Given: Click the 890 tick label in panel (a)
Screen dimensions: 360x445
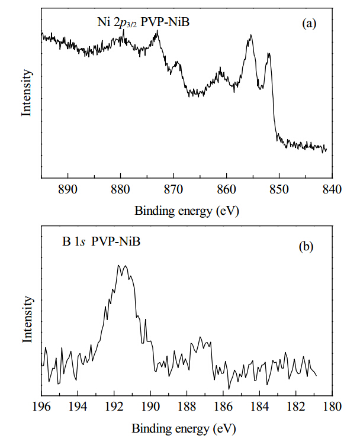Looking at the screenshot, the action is [x=67, y=189].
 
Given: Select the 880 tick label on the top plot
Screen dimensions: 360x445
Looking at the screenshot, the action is [x=120, y=189].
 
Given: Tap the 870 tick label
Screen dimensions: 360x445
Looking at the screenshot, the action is [x=173, y=189].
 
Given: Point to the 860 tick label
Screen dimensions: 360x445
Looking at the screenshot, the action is [x=226, y=189].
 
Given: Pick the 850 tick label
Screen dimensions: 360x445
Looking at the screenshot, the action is [x=279, y=189].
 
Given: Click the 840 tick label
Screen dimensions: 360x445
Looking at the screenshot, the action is [x=332, y=189].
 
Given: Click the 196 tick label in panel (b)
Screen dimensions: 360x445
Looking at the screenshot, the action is [x=41, y=407].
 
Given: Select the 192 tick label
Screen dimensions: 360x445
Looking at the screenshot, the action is [x=114, y=407].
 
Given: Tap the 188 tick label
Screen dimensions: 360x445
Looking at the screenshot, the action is [x=187, y=407].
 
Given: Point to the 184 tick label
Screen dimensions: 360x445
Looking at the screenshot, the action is [x=259, y=407].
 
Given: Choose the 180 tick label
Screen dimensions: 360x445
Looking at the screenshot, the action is [x=332, y=407].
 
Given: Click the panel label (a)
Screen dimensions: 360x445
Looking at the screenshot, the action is [x=309, y=23].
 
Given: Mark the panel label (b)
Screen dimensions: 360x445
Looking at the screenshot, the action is [x=306, y=246].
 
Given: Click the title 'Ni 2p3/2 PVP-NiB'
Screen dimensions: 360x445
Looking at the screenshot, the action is [x=143, y=22].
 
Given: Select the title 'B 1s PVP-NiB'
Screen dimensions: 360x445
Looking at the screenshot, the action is [x=101, y=241].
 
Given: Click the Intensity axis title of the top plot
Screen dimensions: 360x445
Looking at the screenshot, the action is [x=27, y=92].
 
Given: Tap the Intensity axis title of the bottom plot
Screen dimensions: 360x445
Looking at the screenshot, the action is [x=28, y=319].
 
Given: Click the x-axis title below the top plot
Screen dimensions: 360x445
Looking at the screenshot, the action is [x=187, y=211].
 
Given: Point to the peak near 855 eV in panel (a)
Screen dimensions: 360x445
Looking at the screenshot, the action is [x=250, y=35].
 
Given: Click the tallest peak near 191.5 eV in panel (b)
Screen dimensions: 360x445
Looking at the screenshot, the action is [x=118, y=265].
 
